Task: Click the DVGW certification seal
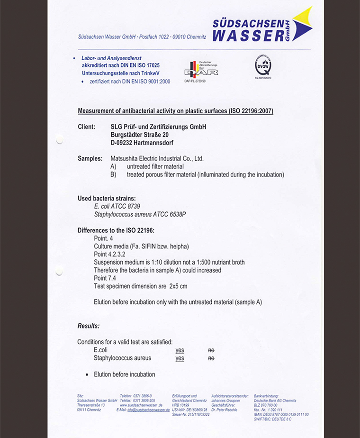coord(263,65)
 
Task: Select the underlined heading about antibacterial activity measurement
coord(175,111)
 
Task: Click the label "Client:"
coord(86,127)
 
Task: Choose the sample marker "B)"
coord(113,174)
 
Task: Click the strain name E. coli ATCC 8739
coord(117,206)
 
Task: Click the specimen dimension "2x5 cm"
coord(178,286)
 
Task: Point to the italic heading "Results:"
coord(89,326)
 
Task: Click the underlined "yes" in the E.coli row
coord(180,350)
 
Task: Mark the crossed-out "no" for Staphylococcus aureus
coord(211,358)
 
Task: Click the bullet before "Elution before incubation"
coord(87,375)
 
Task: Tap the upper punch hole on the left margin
coord(59,139)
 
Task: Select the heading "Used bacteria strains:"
coord(107,198)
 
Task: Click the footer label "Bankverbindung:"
coord(266,396)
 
